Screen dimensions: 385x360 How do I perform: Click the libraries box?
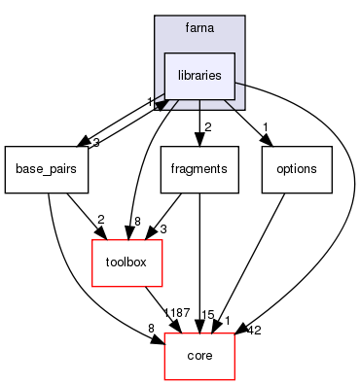click(198, 74)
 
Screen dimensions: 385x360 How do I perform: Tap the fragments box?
click(198, 168)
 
